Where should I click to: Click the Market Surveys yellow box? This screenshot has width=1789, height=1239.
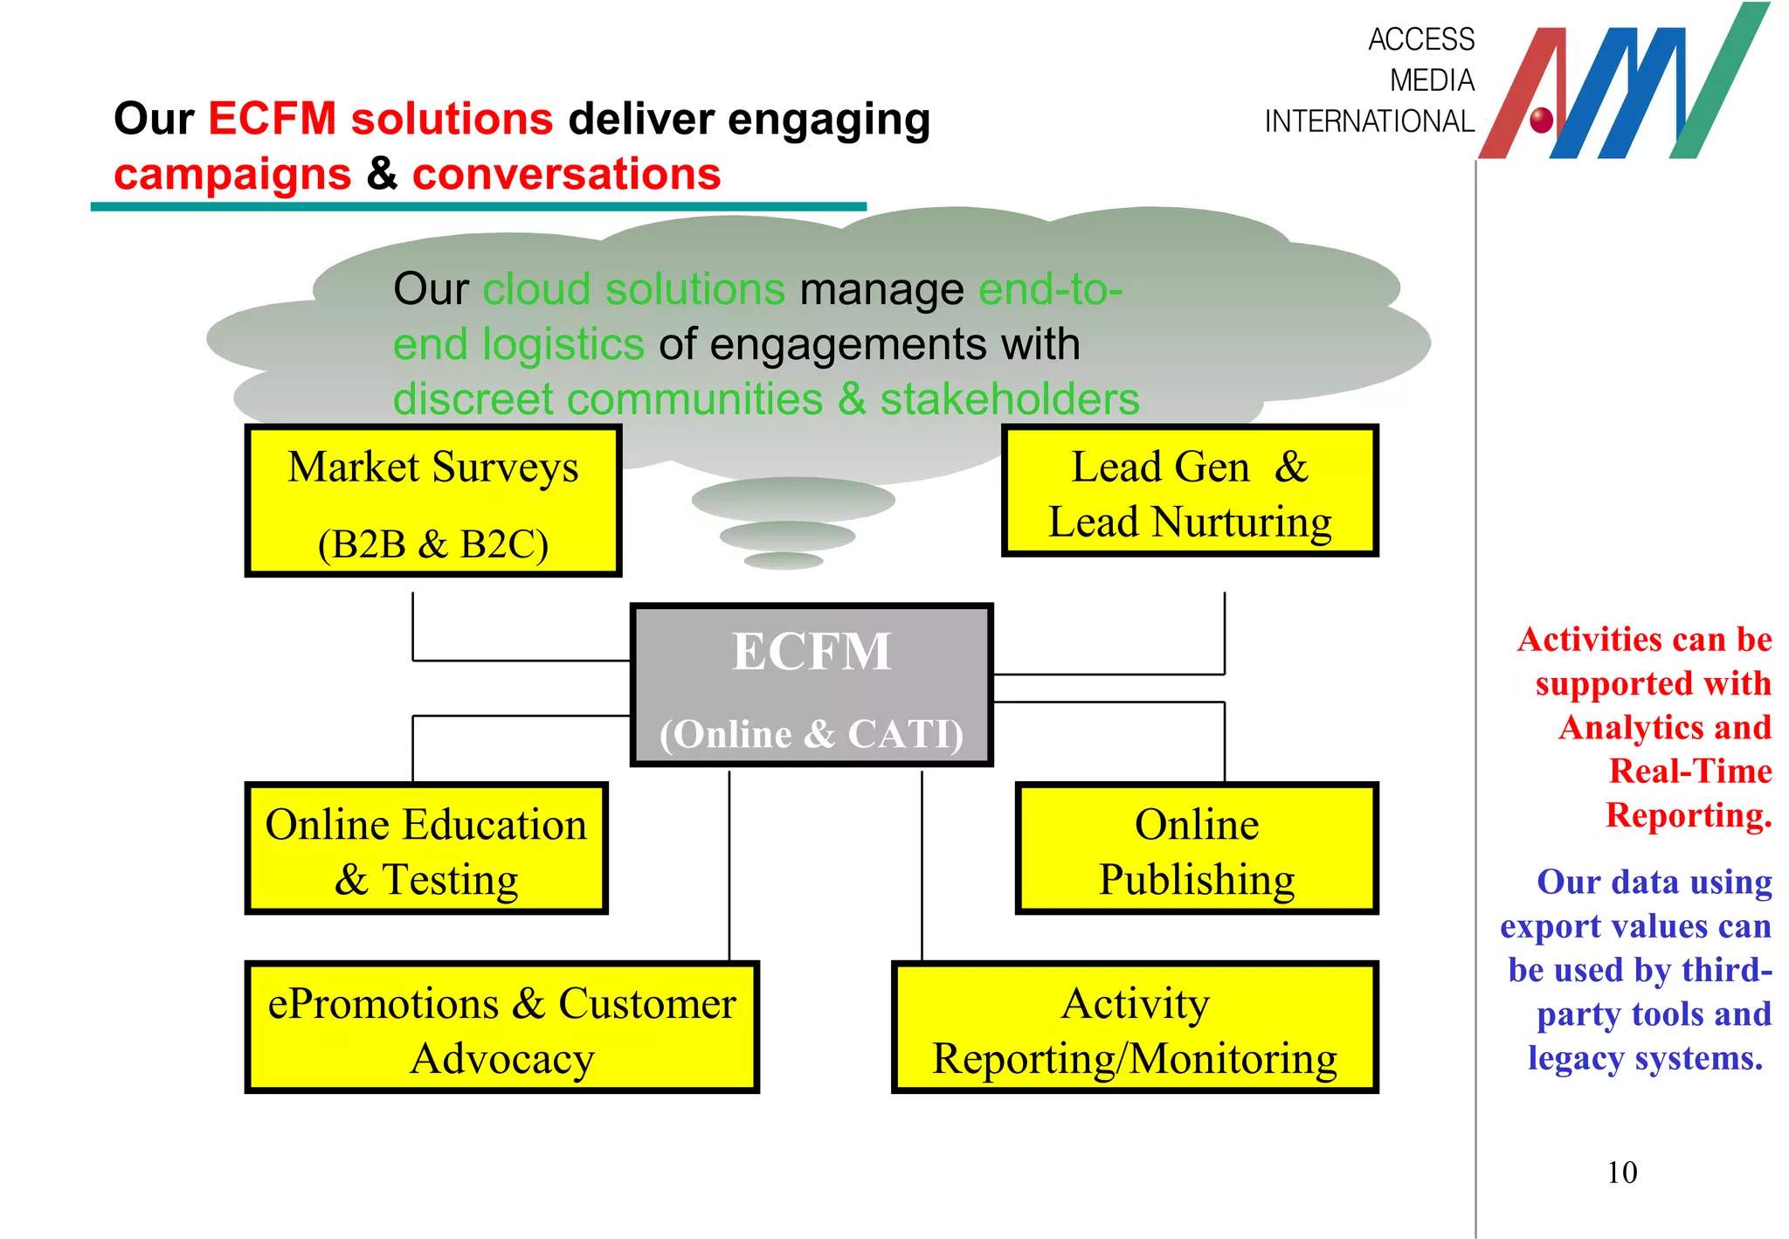(x=432, y=501)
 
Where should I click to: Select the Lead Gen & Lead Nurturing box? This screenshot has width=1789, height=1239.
(x=1190, y=491)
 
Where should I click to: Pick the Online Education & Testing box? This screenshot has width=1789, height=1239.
(x=426, y=848)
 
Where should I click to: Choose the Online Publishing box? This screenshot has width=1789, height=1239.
(x=1197, y=848)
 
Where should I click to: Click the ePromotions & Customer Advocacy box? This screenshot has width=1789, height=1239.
(x=501, y=1028)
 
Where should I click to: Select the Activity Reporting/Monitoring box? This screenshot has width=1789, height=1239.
(x=1134, y=1028)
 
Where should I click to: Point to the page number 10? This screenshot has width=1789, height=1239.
(x=1622, y=1173)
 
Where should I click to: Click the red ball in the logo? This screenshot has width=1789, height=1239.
(x=1542, y=119)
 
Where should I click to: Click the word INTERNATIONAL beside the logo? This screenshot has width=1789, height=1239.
(x=1369, y=121)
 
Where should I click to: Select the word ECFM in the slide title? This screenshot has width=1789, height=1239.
(x=272, y=119)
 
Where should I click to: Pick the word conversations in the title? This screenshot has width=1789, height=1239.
(x=566, y=174)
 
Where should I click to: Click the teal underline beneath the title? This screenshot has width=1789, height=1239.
(x=478, y=207)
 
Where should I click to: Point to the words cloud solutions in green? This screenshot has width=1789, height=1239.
(x=633, y=289)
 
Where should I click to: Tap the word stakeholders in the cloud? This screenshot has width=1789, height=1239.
(x=1009, y=399)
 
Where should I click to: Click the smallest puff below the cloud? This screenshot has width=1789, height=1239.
(x=784, y=560)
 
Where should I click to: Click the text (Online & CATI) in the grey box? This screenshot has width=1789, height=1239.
(x=812, y=734)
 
